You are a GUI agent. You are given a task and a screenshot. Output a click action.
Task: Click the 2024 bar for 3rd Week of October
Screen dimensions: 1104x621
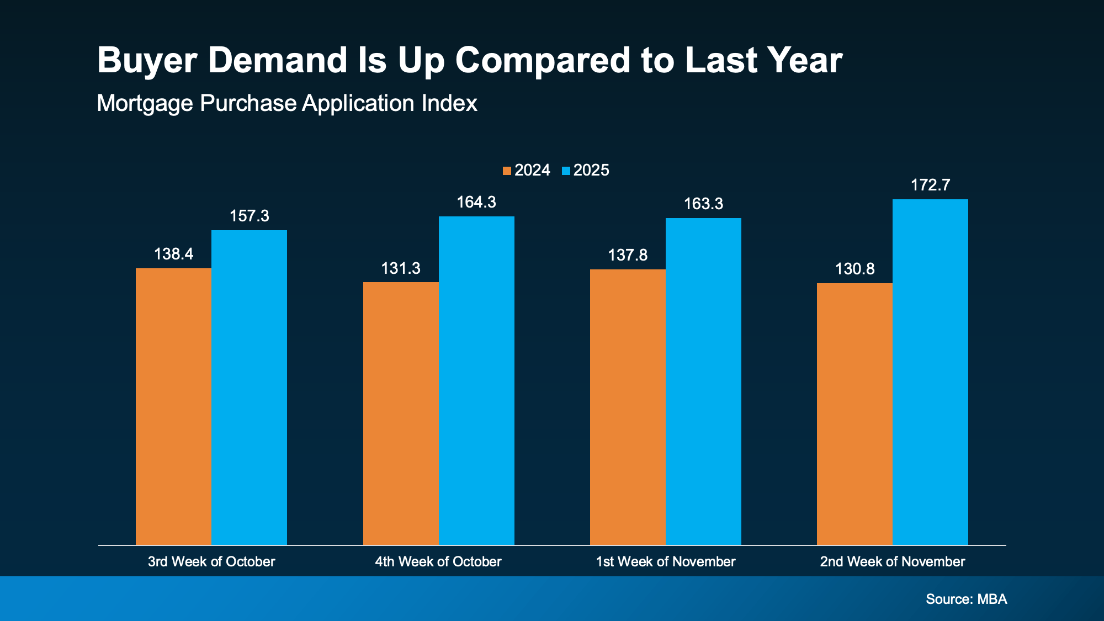173,406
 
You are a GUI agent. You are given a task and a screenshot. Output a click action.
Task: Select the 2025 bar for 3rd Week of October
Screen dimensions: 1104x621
249,388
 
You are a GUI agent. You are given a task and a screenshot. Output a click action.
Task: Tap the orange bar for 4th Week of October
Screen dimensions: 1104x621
401,413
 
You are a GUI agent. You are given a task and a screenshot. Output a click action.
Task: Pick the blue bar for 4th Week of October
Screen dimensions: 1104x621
476,380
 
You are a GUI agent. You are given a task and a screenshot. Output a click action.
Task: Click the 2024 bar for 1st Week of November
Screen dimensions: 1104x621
628,407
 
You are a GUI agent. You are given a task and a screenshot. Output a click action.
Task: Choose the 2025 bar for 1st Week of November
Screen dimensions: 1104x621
703,381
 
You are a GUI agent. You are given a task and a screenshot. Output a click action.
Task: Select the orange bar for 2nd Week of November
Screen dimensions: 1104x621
854,414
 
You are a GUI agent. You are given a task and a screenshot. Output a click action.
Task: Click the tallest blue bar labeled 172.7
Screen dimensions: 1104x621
930,372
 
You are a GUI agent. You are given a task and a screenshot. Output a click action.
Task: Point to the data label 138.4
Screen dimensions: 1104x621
173,254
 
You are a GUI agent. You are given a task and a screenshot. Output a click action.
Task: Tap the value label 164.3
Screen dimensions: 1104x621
476,202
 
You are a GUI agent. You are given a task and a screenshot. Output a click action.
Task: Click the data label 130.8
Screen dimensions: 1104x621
854,269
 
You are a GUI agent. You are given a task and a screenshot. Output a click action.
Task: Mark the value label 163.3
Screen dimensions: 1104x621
703,204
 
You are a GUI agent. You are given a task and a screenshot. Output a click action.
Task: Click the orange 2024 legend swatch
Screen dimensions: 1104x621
507,171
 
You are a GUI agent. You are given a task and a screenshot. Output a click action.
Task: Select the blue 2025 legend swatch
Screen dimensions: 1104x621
566,171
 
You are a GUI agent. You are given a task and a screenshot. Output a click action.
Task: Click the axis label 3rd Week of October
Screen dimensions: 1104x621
211,561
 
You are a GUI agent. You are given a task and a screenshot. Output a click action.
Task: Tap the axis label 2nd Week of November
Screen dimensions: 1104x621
892,561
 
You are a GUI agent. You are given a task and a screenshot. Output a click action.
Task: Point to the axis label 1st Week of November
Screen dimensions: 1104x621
665,561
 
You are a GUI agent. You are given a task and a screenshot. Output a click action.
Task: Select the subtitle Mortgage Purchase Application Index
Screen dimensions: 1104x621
286,103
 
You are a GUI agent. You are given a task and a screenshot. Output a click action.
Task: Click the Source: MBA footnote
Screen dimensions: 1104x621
966,599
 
